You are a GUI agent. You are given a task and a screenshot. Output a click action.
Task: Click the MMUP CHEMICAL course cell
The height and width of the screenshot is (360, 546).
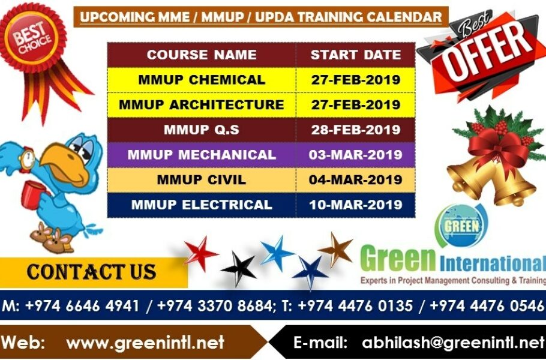(201, 80)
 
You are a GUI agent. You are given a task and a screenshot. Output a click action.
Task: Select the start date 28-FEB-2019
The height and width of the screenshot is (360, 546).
(355, 130)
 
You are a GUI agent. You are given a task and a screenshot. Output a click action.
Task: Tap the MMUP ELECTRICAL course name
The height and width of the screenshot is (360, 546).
(201, 205)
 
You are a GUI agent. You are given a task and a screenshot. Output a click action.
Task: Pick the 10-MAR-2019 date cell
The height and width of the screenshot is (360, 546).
(355, 205)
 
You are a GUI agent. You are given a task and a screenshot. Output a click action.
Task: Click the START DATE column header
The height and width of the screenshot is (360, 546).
(355, 55)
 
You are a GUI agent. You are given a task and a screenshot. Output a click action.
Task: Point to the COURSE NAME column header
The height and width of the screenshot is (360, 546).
(201, 55)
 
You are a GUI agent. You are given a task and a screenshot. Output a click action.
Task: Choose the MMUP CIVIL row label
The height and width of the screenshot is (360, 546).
(201, 179)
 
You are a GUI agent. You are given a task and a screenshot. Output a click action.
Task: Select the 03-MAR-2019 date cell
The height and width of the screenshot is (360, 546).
(355, 155)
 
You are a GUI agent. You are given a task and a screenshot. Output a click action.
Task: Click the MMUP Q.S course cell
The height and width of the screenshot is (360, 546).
(201, 130)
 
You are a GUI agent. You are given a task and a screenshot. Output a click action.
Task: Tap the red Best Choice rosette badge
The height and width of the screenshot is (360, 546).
(33, 39)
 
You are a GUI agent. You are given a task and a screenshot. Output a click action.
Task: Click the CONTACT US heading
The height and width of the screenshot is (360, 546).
(91, 272)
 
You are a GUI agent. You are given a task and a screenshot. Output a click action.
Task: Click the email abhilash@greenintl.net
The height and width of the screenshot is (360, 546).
(452, 343)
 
